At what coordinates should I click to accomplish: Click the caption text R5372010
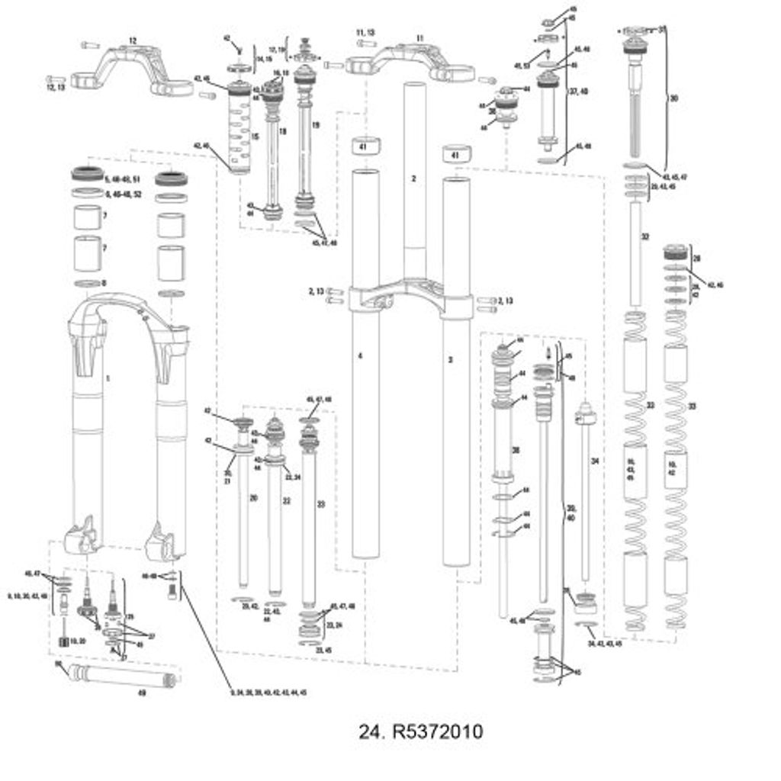pyautogui.click(x=421, y=732)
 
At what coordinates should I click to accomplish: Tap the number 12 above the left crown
pyautogui.click(x=133, y=40)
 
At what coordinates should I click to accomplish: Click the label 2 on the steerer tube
pyautogui.click(x=413, y=178)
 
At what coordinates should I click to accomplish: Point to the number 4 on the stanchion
pyautogui.click(x=360, y=356)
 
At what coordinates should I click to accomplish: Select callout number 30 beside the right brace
pyautogui.click(x=673, y=98)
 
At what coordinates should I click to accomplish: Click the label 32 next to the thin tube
pyautogui.click(x=644, y=237)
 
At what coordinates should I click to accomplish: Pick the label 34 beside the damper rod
pyautogui.click(x=596, y=461)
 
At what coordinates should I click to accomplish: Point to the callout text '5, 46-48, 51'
pyautogui.click(x=126, y=178)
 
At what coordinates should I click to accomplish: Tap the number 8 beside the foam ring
pyautogui.click(x=104, y=283)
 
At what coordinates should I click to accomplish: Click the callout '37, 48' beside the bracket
pyautogui.click(x=579, y=91)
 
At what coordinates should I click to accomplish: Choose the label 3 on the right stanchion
pyautogui.click(x=450, y=358)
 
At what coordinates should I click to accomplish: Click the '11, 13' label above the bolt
pyautogui.click(x=366, y=33)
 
